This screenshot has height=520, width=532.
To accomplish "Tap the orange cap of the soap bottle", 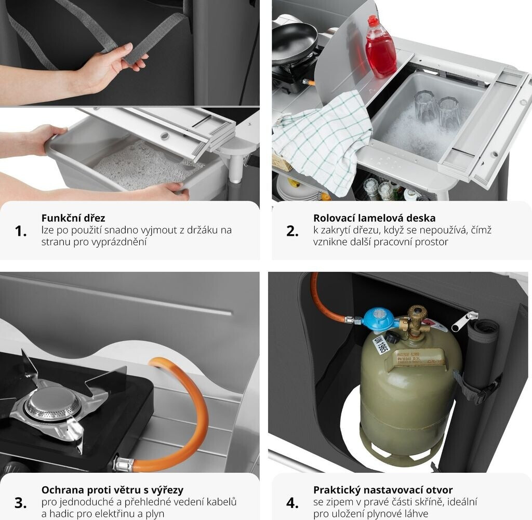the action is pos(373,21).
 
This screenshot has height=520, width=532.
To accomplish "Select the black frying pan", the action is pos(294,43).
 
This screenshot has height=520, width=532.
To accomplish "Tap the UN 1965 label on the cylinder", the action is pos(381,344).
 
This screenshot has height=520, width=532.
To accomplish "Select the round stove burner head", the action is pos(53,404).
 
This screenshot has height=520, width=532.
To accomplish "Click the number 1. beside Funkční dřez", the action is pos(21,231).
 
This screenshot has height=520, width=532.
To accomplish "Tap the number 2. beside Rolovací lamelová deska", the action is pos(292,231).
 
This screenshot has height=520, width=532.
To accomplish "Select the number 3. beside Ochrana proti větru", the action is pos(21,503).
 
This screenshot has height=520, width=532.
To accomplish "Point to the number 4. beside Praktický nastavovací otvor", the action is pos(292,503).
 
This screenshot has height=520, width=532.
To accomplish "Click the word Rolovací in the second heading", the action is pos(334,218).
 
